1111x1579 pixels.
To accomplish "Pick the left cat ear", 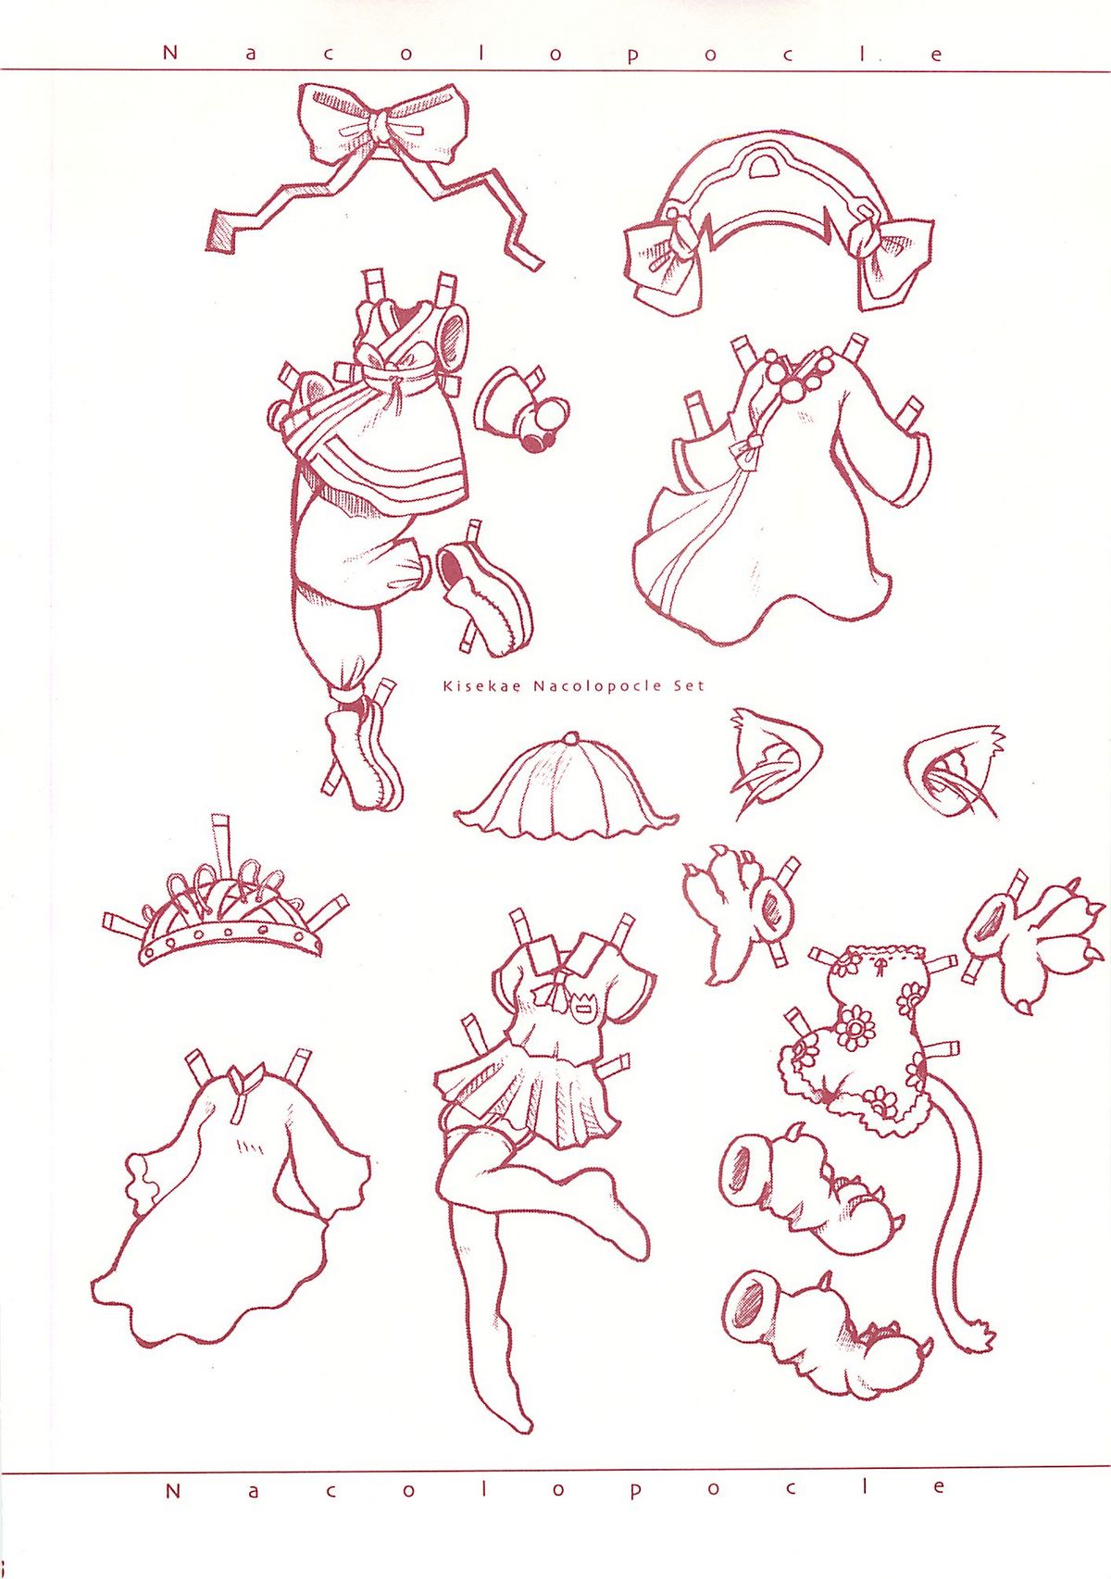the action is (x=773, y=762).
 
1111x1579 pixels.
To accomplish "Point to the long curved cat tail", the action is (x=964, y=1212).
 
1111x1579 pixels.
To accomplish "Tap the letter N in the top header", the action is (x=169, y=53).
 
